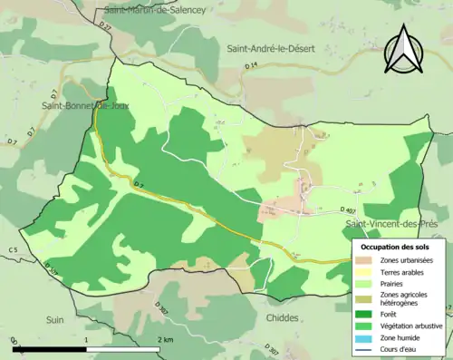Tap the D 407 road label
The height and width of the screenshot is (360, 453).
coord(349,210)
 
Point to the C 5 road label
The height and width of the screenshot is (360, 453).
coord(13,249)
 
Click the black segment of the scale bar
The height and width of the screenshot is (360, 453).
coord(50,348)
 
